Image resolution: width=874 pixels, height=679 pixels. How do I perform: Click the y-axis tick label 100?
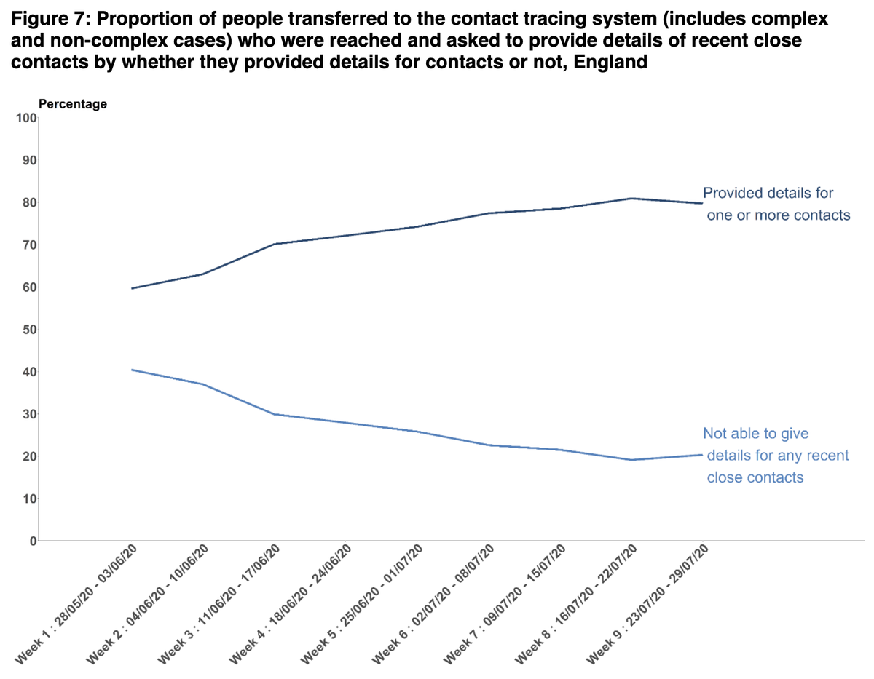click(x=25, y=118)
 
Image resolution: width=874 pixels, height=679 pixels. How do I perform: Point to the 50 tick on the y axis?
click(x=28, y=330)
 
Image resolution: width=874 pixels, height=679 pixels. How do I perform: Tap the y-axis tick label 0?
click(x=32, y=541)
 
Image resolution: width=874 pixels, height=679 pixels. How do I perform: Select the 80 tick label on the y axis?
click(x=28, y=202)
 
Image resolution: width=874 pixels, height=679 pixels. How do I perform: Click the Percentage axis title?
click(x=73, y=104)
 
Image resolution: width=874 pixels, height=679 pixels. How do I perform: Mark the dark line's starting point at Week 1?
click(x=131, y=288)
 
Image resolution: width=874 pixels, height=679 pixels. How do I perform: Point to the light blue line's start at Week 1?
click(x=131, y=370)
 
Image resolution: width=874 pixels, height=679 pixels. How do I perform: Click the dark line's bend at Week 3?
click(x=274, y=244)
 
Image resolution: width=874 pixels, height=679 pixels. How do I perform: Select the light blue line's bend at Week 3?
click(x=274, y=414)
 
